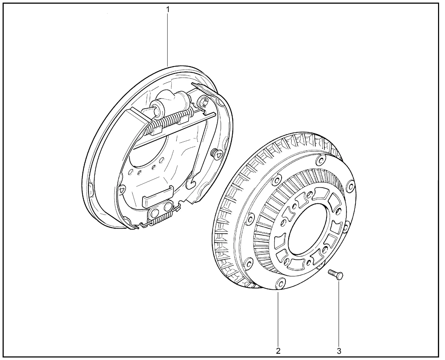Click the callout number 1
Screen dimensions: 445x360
(x=168, y=10)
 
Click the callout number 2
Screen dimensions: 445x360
(x=278, y=351)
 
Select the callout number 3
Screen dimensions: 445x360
(x=339, y=351)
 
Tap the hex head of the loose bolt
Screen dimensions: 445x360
(x=340, y=276)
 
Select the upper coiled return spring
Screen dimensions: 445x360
(x=169, y=121)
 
